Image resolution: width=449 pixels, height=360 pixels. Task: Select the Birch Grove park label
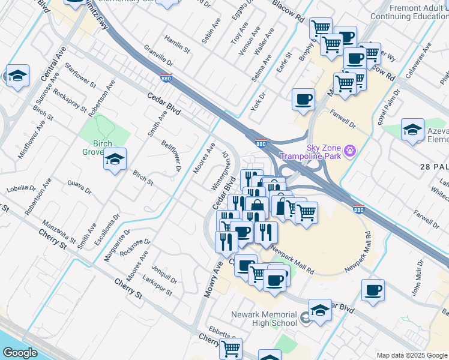pyautogui.click(x=90, y=148)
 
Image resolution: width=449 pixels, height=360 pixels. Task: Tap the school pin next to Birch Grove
pyautogui.click(x=114, y=159)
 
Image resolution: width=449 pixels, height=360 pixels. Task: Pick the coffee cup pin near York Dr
pyautogui.click(x=303, y=99)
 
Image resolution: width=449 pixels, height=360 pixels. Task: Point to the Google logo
pyautogui.click(x=20, y=353)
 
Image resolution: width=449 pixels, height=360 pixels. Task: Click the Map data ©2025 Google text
pyautogui.click(x=411, y=355)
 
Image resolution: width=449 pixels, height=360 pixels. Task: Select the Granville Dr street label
pyautogui.click(x=158, y=58)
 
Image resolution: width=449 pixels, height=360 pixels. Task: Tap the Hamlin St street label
pyautogui.click(x=177, y=42)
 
